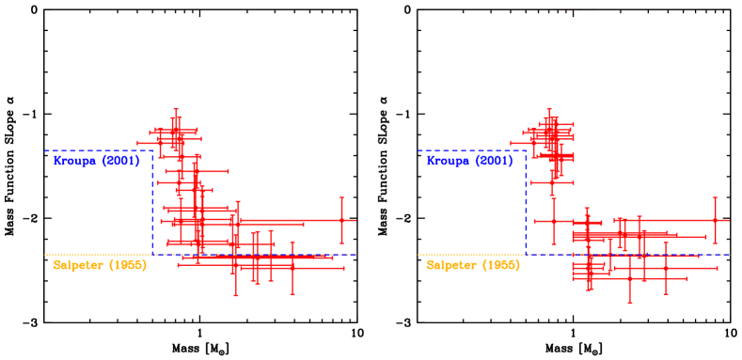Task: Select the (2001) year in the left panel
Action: point(121,162)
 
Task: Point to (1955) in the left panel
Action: point(128,266)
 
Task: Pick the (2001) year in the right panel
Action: point(494,162)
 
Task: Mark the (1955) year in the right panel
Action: point(500,266)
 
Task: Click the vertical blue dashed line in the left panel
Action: point(152,202)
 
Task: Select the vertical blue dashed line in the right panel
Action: point(526,202)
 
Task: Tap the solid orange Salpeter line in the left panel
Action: point(75,255)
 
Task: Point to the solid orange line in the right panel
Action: point(449,255)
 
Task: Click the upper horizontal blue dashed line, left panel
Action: point(94,150)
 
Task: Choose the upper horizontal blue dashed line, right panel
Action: point(467,150)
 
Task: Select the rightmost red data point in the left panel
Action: point(341,220)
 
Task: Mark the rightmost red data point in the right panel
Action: point(715,220)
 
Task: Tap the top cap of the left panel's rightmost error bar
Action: point(341,198)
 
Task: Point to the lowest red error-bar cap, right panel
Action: point(629,302)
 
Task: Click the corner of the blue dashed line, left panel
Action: point(152,150)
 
